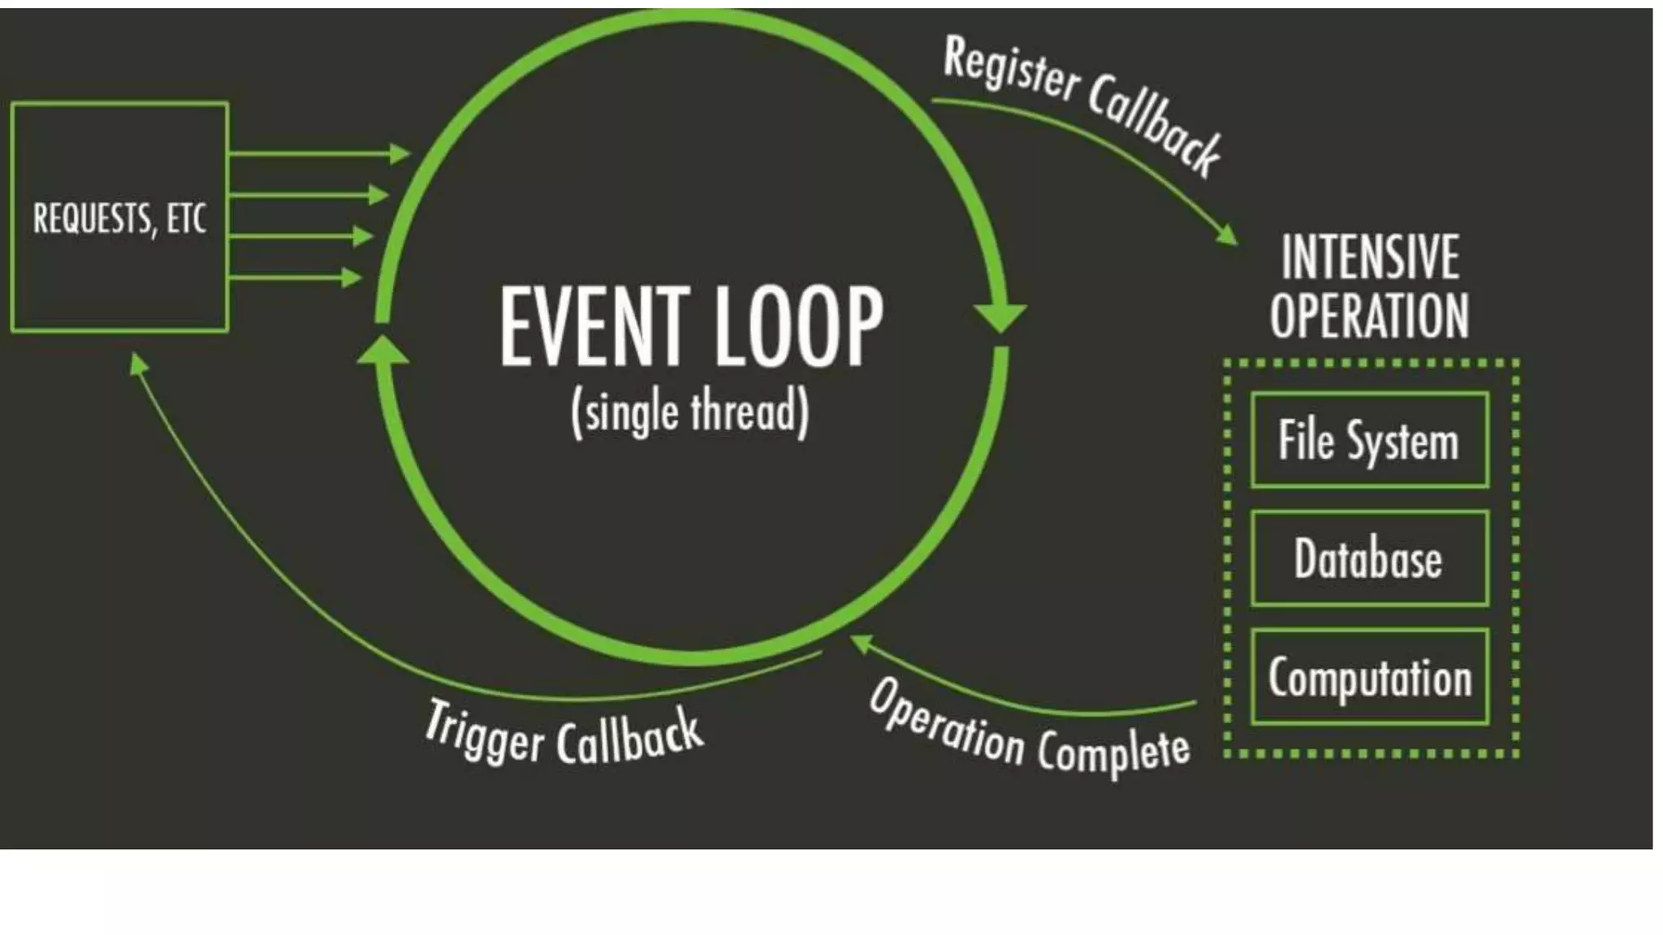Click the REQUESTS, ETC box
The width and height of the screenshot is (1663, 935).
[119, 217]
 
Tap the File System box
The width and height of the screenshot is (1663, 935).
[1369, 440]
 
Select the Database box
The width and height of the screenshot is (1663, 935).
[1369, 558]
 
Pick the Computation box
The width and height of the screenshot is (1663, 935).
[1369, 677]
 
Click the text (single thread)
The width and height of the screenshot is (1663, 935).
[690, 412]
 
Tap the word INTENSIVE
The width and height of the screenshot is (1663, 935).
[1371, 256]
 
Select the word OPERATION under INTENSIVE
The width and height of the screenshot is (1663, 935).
[1370, 316]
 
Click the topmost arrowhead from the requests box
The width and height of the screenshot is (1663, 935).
[400, 153]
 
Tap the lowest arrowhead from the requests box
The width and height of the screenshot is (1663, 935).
[352, 278]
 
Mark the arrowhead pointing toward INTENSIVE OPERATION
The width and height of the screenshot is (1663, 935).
[1227, 235]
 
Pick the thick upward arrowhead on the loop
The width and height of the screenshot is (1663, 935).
[382, 351]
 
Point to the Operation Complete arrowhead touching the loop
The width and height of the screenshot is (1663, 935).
[860, 643]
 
